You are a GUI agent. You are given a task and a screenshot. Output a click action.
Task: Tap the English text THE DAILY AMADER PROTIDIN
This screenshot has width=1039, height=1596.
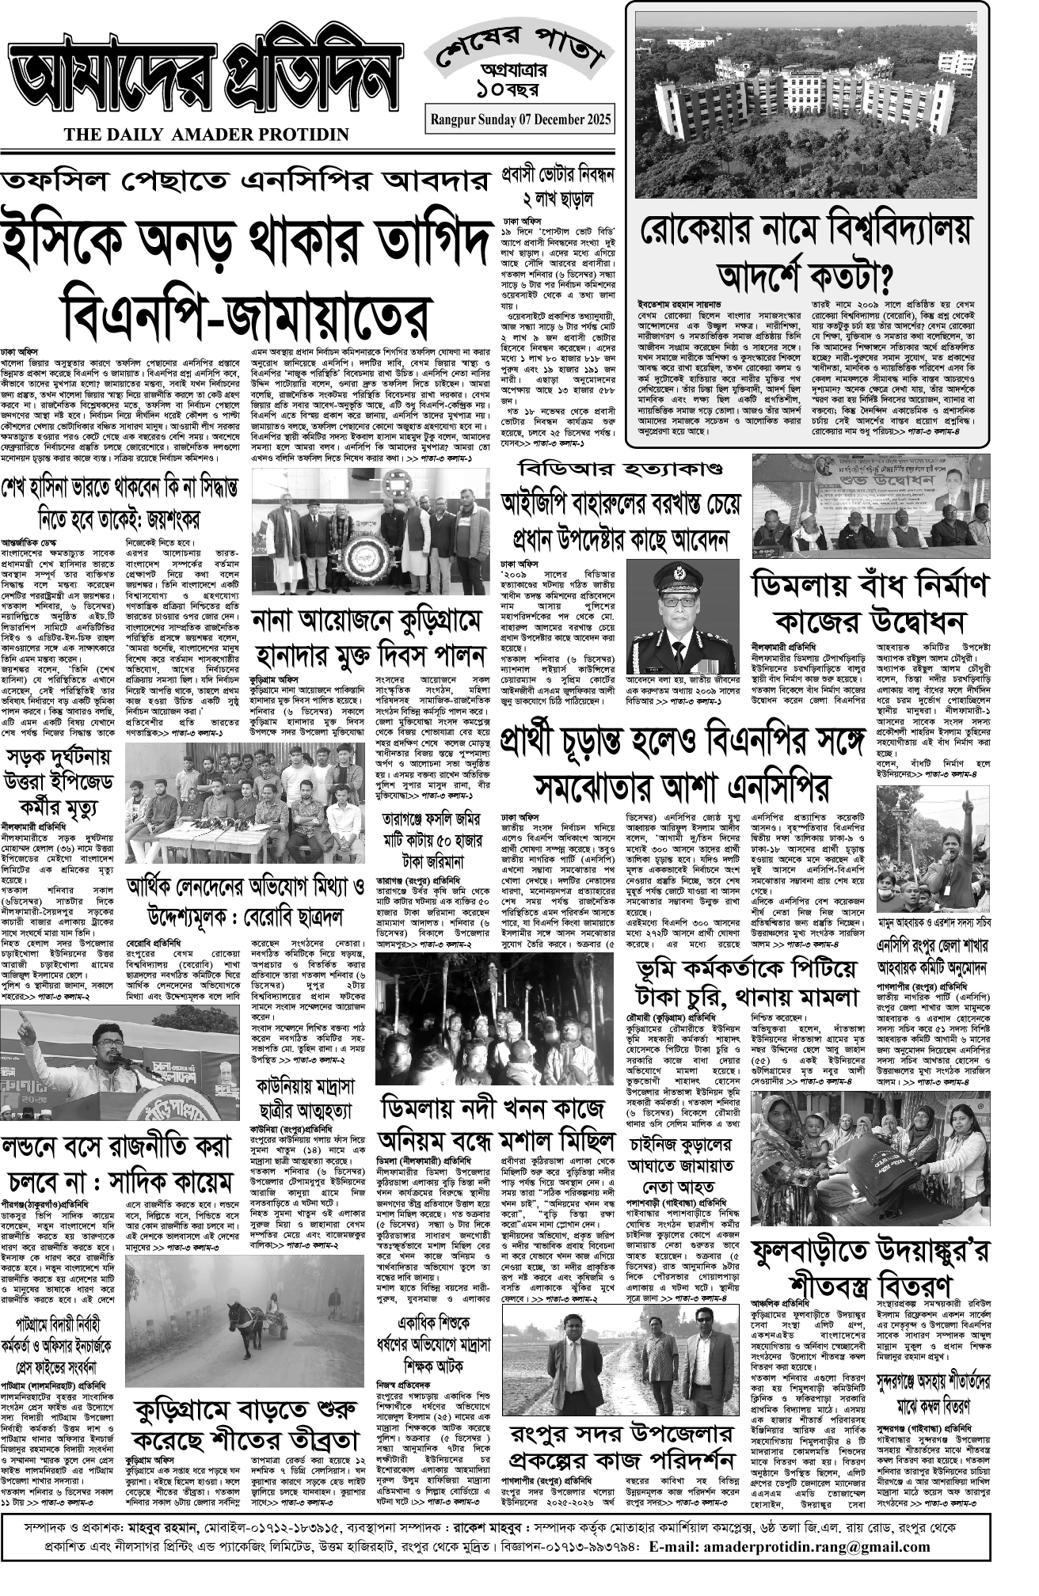[207, 135]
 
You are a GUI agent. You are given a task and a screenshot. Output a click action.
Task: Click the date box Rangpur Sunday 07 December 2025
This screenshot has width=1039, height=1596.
[520, 120]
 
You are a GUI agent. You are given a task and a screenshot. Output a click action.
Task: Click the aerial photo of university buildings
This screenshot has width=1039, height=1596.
[806, 101]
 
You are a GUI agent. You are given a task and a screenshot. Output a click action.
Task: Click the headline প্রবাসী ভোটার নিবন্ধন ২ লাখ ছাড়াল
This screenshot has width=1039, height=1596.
[558, 186]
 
